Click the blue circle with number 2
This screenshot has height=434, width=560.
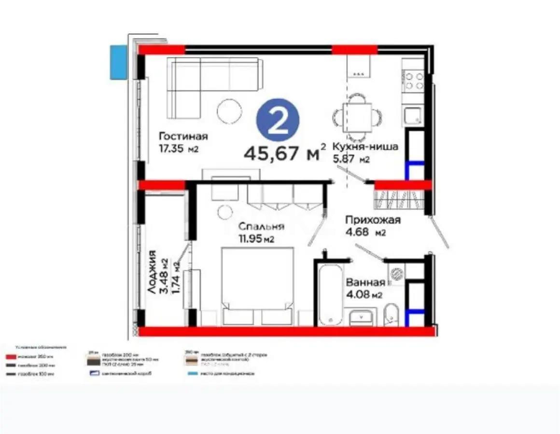pyautogui.click(x=278, y=121)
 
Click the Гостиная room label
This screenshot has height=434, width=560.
pyautogui.click(x=183, y=136)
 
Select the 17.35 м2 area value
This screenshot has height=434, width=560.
pyautogui.click(x=178, y=149)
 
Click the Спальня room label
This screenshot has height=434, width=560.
pyautogui.click(x=261, y=226)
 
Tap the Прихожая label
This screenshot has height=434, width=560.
pyautogui.click(x=373, y=220)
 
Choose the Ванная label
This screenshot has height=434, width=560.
pyautogui.click(x=365, y=283)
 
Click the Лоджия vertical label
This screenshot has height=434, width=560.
pyautogui.click(x=153, y=272)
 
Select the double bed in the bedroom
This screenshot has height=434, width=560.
pyautogui.click(x=257, y=285)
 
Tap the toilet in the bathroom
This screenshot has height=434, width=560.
pyautogui.click(x=392, y=314)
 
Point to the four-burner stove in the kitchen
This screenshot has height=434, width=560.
pyautogui.click(x=414, y=81)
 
